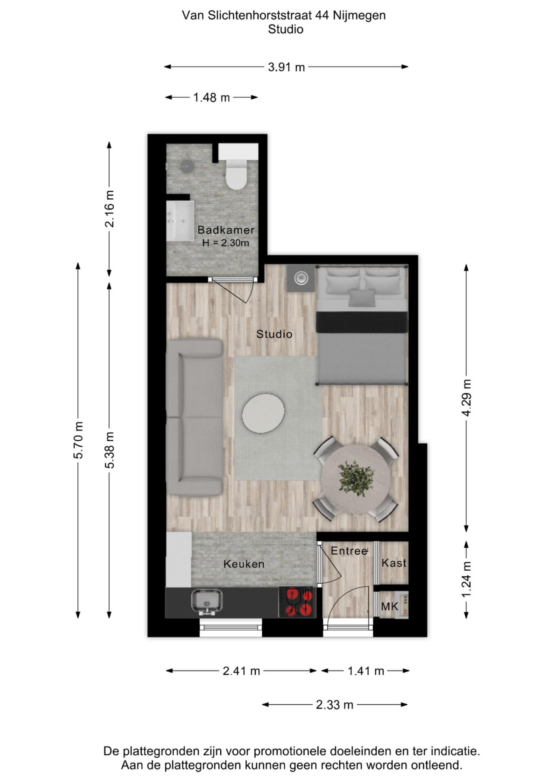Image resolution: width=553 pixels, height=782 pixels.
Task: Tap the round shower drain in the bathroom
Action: click(x=187, y=166)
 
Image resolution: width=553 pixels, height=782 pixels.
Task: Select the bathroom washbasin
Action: click(x=180, y=220)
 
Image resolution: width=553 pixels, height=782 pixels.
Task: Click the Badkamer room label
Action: click(x=226, y=230)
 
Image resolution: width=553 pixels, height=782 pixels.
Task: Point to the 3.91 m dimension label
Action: click(x=286, y=67)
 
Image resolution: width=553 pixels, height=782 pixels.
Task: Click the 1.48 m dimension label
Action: click(x=211, y=98)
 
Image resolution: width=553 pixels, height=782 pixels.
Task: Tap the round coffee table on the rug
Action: click(x=263, y=413)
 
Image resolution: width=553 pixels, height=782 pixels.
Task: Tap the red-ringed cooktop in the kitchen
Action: click(x=299, y=602)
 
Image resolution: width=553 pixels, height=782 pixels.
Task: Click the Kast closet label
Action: click(x=394, y=563)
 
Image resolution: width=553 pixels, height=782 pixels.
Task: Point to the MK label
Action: click(x=389, y=607)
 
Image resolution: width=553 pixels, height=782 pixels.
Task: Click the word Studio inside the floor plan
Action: click(x=274, y=334)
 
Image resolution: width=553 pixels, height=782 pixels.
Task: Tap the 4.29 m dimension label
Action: click(x=467, y=397)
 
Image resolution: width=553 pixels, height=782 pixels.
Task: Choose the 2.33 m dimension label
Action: click(x=334, y=705)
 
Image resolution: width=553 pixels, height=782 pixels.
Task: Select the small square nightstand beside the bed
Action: click(x=301, y=278)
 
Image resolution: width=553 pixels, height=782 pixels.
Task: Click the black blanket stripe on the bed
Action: click(x=362, y=322)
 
